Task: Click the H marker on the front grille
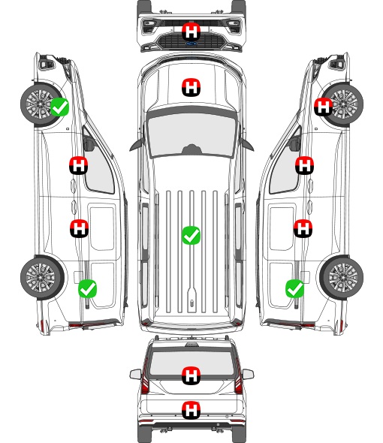[x=191, y=32]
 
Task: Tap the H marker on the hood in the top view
[x=191, y=87]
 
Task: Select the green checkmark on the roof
[x=191, y=235]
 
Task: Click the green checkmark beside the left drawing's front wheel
[x=59, y=107]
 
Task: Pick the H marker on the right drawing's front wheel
[x=323, y=107]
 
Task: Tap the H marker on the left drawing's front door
[x=79, y=165]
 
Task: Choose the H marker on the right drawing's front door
[x=304, y=165]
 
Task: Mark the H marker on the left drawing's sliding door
[x=79, y=228]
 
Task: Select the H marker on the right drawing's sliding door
[x=303, y=228]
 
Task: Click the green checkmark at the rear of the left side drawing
[x=87, y=288]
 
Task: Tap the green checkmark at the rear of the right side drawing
[x=295, y=288]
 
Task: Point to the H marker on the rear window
[x=191, y=375]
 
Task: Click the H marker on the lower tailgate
[x=191, y=410]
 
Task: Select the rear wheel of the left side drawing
[x=42, y=278]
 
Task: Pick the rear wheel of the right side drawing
[x=342, y=278]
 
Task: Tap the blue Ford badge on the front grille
[x=191, y=44]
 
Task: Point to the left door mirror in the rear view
[x=135, y=374]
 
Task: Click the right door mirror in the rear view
[x=248, y=374]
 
